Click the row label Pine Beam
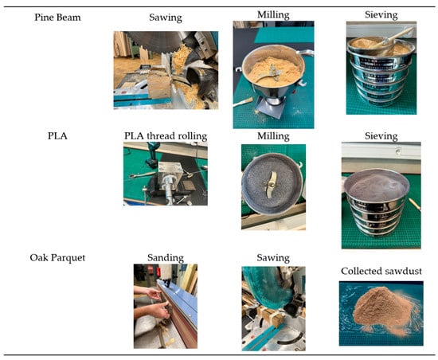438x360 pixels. pyautogui.click(x=57, y=18)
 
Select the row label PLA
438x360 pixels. pyautogui.click(x=57, y=136)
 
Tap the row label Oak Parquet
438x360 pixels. pyautogui.click(x=57, y=257)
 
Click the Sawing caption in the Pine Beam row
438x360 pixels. pyautogui.click(x=166, y=18)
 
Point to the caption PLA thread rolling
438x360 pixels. pyautogui.click(x=166, y=136)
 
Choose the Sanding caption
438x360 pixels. pyautogui.click(x=166, y=257)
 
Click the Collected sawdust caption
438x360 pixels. pyautogui.click(x=381, y=271)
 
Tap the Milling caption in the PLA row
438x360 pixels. pyautogui.click(x=273, y=136)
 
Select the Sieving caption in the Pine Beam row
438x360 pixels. pyautogui.click(x=381, y=15)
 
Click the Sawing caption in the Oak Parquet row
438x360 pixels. pyautogui.click(x=273, y=257)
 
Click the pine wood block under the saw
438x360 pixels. pyautogui.click(x=158, y=84)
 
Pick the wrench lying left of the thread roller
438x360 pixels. pyautogui.click(x=143, y=175)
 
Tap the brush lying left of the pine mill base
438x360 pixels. pyautogui.click(x=243, y=102)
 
